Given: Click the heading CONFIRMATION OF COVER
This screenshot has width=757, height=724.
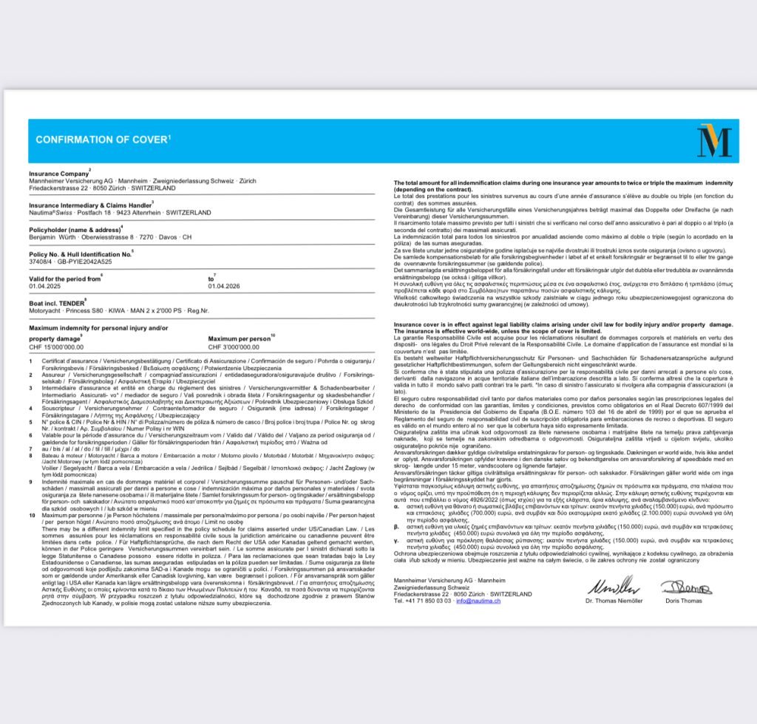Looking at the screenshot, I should [x=102, y=140].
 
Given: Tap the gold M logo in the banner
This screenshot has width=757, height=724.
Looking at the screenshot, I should [x=713, y=141].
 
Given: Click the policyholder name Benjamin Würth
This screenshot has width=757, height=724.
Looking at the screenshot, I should [x=49, y=237].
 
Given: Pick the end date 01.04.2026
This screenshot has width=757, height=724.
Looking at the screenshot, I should [x=225, y=286].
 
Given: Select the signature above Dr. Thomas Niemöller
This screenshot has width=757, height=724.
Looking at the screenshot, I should [x=613, y=587].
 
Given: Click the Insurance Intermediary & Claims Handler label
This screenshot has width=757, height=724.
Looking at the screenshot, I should [x=89, y=205].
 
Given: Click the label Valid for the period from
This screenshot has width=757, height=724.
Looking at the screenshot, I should [x=64, y=279].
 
